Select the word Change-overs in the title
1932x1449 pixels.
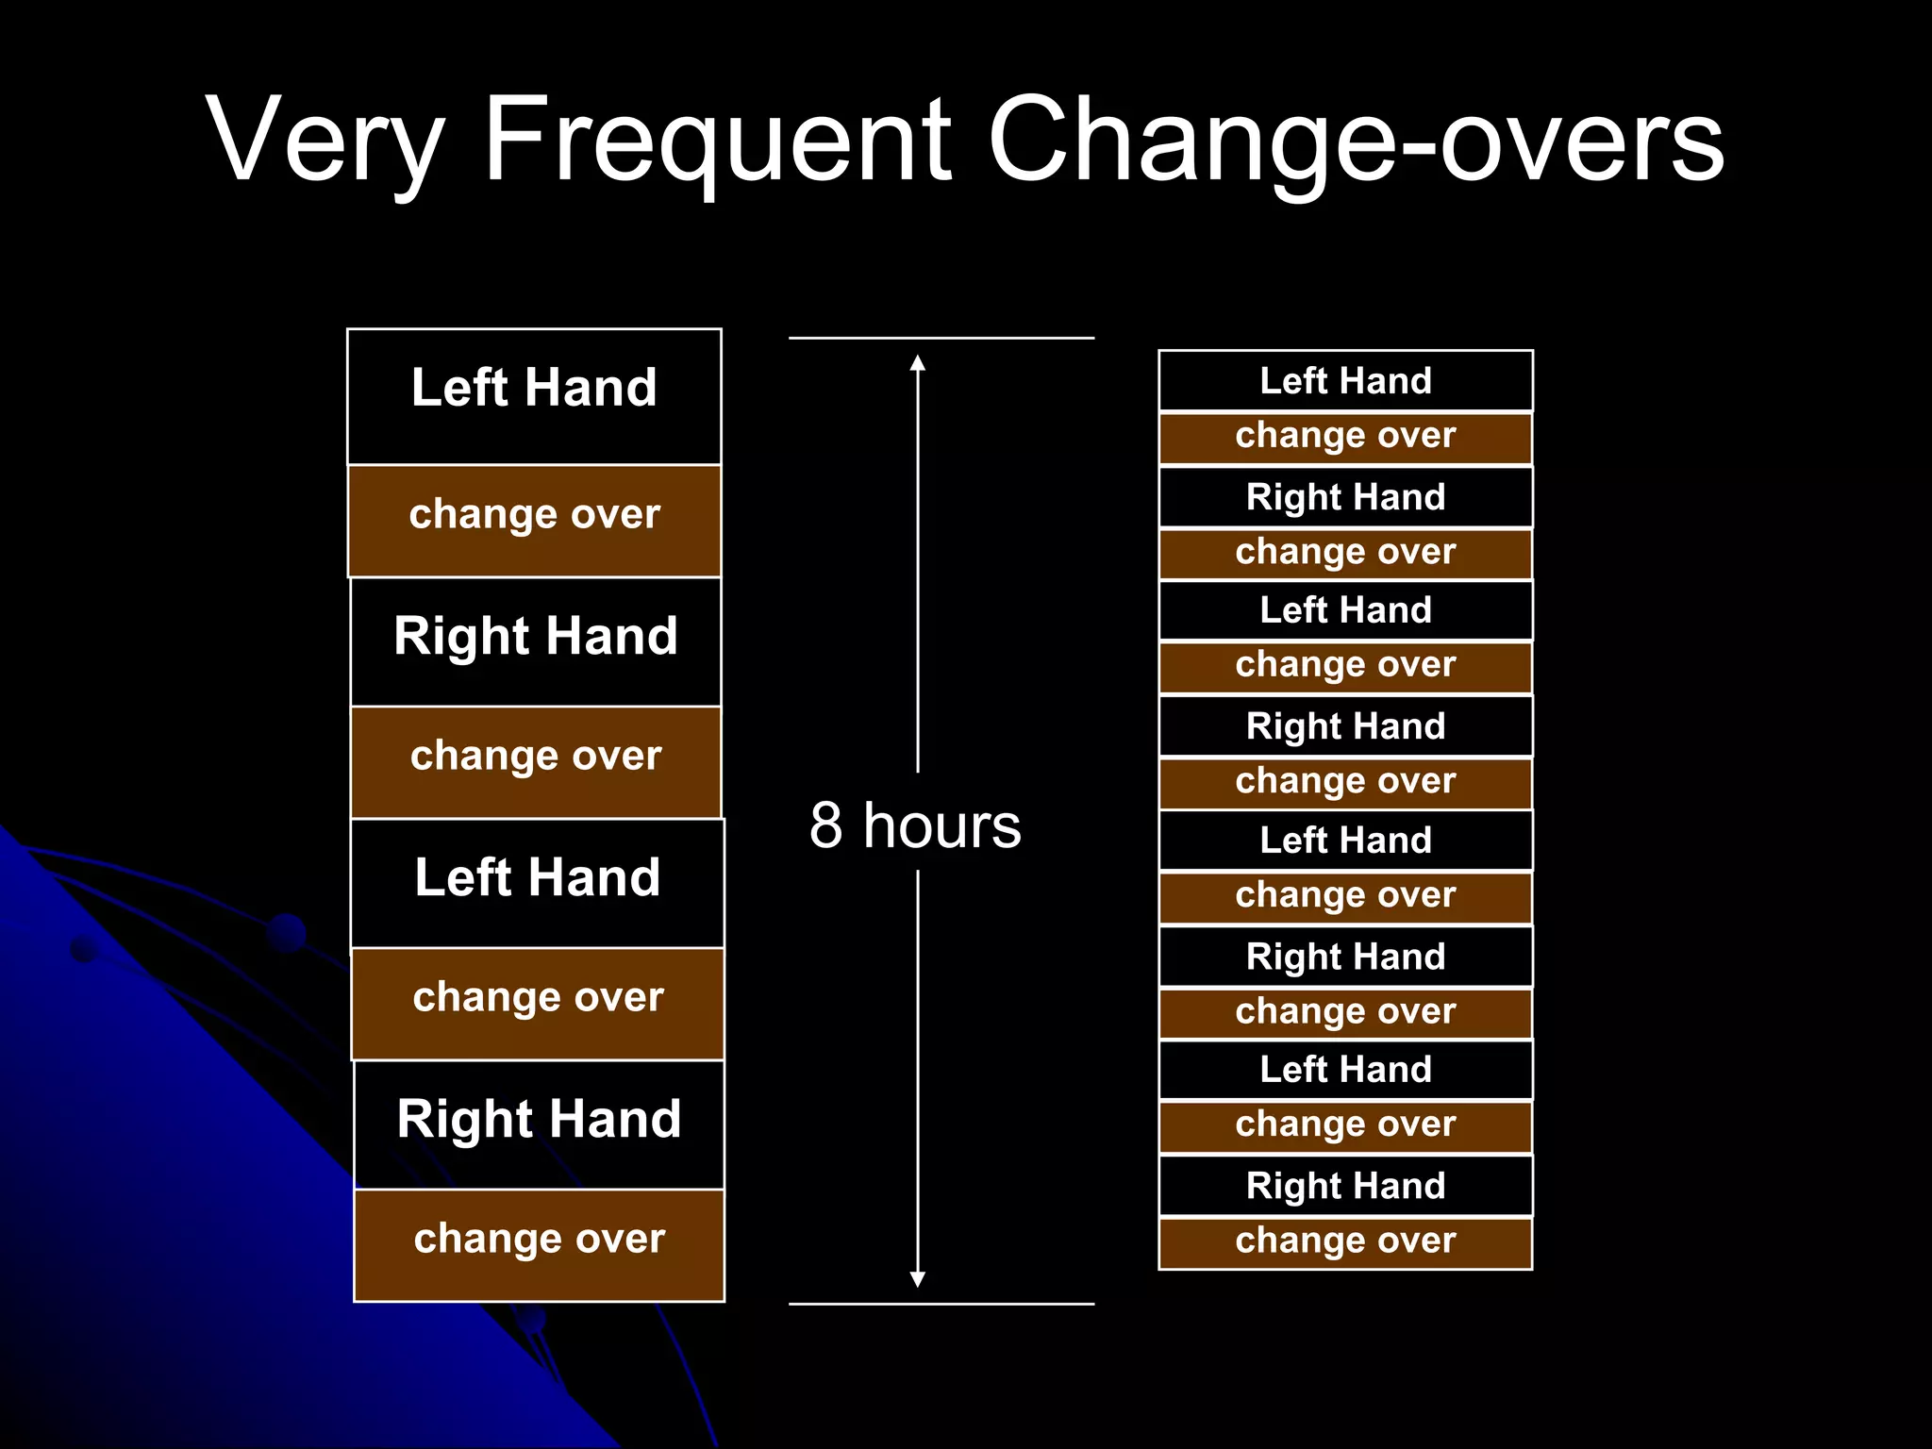point(1356,142)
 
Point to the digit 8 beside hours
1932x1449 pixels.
point(825,825)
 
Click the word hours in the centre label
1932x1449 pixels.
point(941,825)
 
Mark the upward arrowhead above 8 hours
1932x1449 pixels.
point(918,363)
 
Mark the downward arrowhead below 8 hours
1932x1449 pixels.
point(918,1279)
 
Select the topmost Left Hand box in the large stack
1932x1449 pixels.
point(534,396)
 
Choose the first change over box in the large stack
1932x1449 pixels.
point(534,521)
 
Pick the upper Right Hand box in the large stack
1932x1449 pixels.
point(536,641)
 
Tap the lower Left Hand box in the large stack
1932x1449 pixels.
point(538,883)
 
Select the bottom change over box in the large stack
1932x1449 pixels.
point(540,1245)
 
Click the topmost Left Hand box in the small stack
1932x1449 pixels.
point(1345,381)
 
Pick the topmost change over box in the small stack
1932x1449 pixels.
point(1345,438)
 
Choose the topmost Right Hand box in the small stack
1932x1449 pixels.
point(1345,497)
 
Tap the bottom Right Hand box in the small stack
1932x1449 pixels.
point(1345,1186)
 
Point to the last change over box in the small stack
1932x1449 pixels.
point(1345,1242)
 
